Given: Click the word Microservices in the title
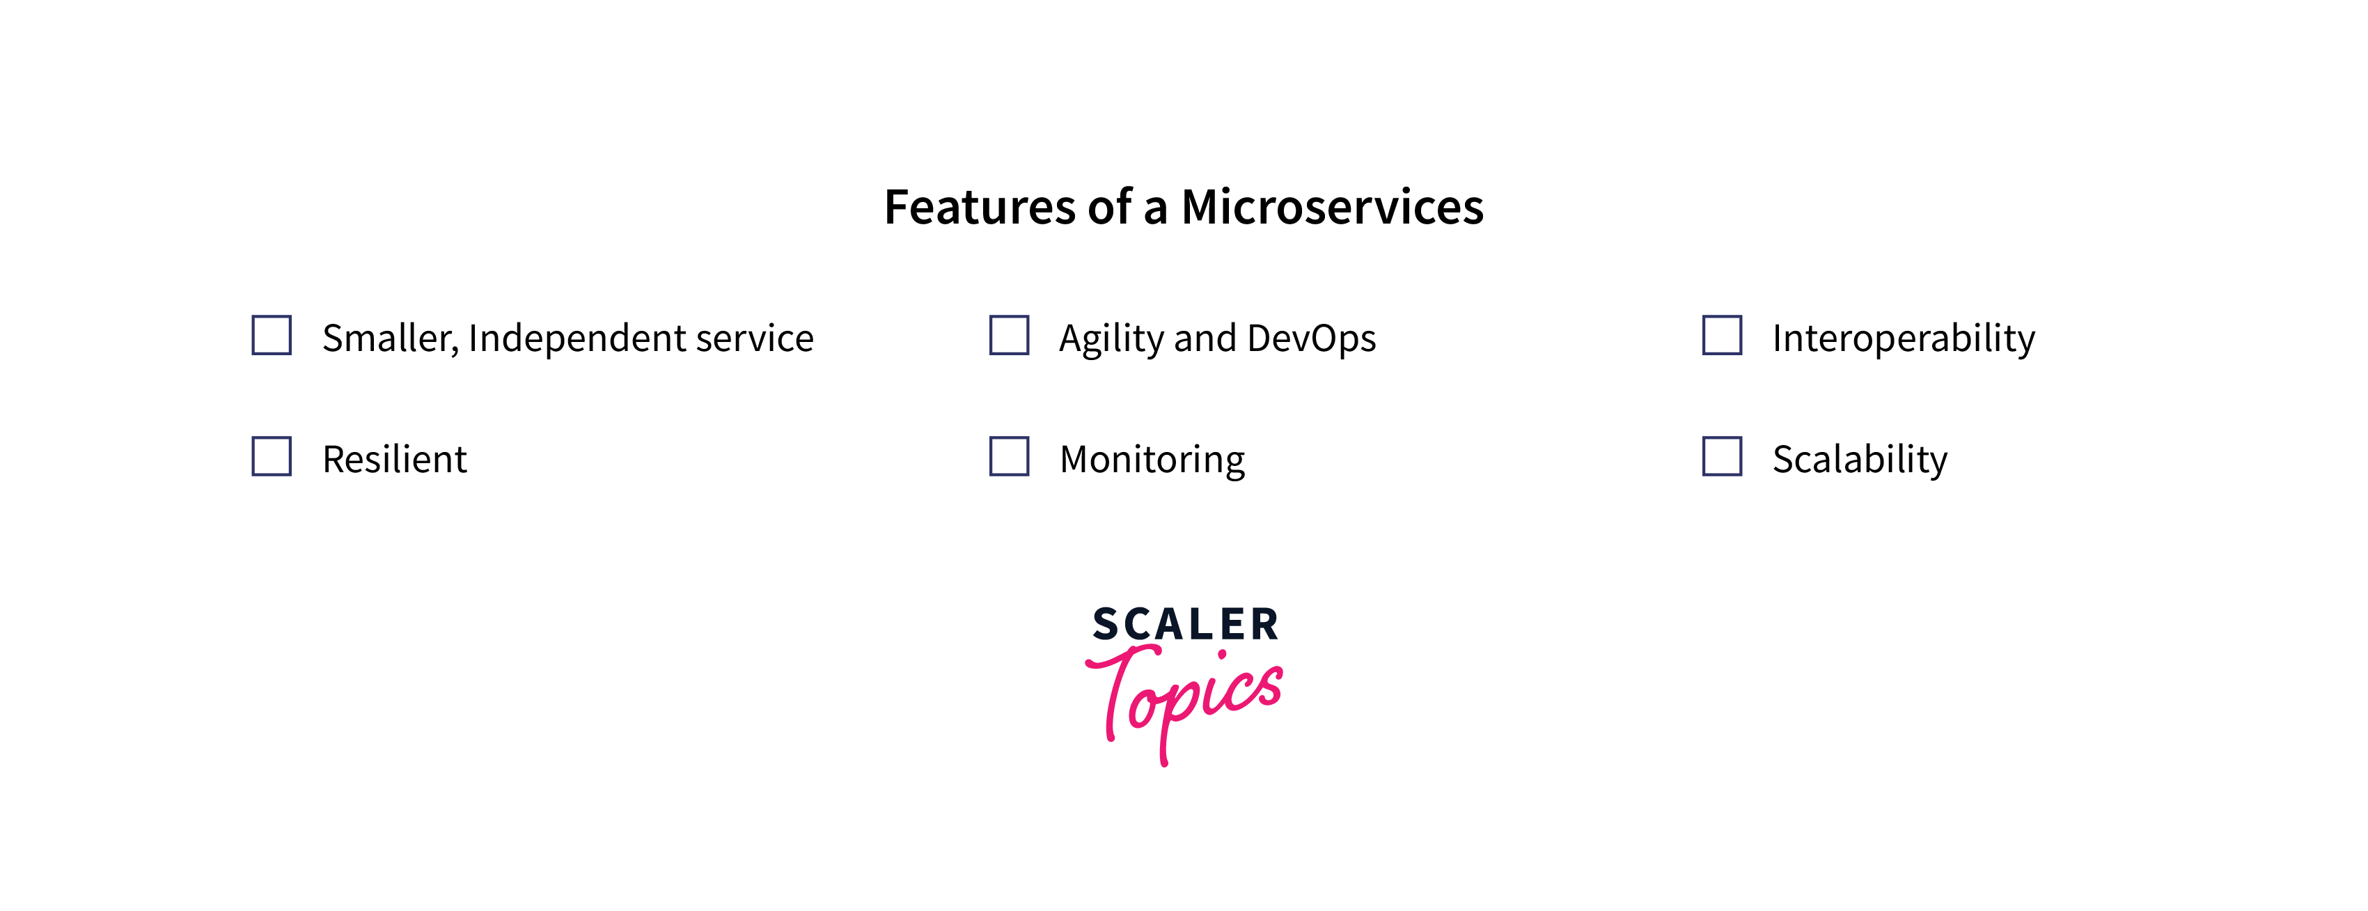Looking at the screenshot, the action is click(x=1332, y=207).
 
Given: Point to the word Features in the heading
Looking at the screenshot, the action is click(x=980, y=207).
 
